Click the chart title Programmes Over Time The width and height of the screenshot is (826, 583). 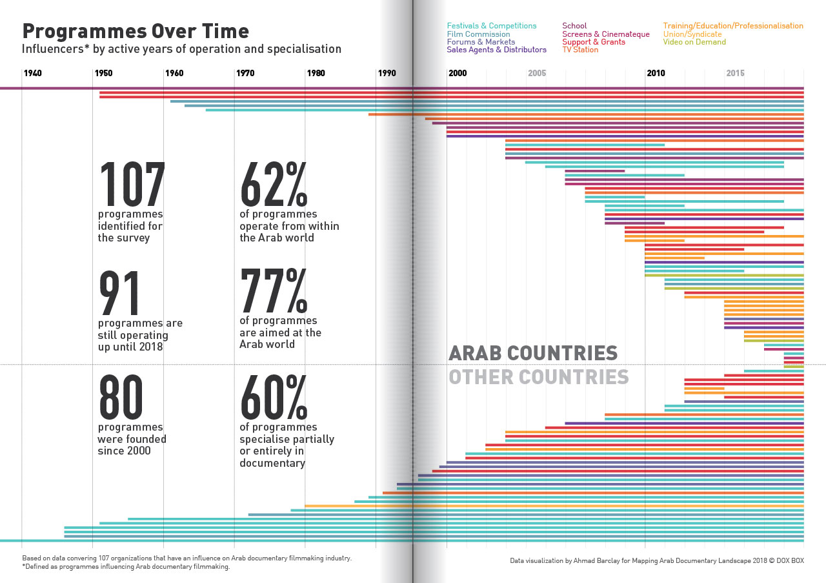(136, 32)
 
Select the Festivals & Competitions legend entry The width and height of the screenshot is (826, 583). (491, 26)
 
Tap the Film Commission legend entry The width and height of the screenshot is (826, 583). (478, 34)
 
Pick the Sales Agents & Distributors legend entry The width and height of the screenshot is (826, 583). (496, 50)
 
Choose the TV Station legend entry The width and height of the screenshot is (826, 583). (580, 50)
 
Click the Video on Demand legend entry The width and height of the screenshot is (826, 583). (694, 42)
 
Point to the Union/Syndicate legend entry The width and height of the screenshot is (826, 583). (692, 34)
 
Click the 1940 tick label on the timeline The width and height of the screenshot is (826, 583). (33, 73)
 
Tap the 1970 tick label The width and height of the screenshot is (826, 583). (245, 73)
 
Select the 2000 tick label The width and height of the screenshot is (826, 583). (457, 73)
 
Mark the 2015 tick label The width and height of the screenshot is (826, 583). (735, 73)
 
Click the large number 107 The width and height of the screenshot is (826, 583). (132, 185)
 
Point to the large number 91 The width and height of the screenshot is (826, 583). (120, 293)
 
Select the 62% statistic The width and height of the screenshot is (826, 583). (273, 185)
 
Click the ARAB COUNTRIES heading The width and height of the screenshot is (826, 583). (533, 353)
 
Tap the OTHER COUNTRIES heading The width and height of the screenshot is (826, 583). (539, 377)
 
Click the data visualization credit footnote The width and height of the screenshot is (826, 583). (656, 561)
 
